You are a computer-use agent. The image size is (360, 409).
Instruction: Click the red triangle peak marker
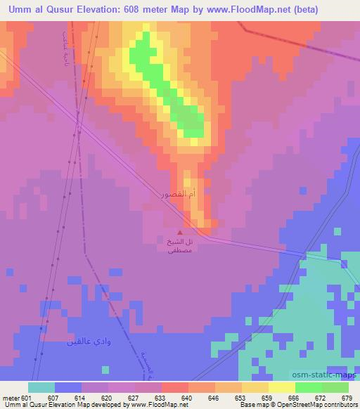(180, 232)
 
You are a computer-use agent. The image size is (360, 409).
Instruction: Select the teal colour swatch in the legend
(41, 387)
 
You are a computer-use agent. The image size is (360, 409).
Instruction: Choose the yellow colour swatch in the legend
(282, 387)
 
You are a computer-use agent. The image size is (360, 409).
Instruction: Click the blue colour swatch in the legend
(68, 387)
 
